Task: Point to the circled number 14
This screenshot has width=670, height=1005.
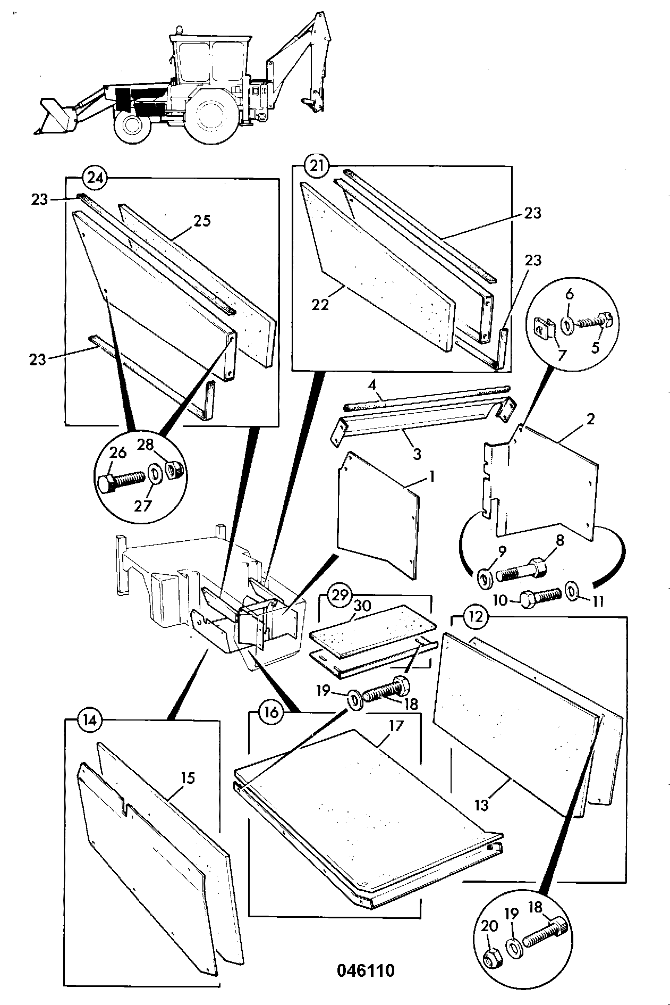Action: pyautogui.click(x=89, y=720)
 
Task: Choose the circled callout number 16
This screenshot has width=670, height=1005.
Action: pyautogui.click(x=270, y=712)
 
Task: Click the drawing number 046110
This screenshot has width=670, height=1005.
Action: pyautogui.click(x=366, y=970)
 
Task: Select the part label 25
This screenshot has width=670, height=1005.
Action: pyautogui.click(x=201, y=221)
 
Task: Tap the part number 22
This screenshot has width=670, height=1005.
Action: pyautogui.click(x=321, y=304)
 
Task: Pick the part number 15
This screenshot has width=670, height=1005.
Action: pyautogui.click(x=187, y=778)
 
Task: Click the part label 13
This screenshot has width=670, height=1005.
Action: pyautogui.click(x=482, y=806)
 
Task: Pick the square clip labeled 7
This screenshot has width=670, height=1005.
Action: pyautogui.click(x=543, y=328)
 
